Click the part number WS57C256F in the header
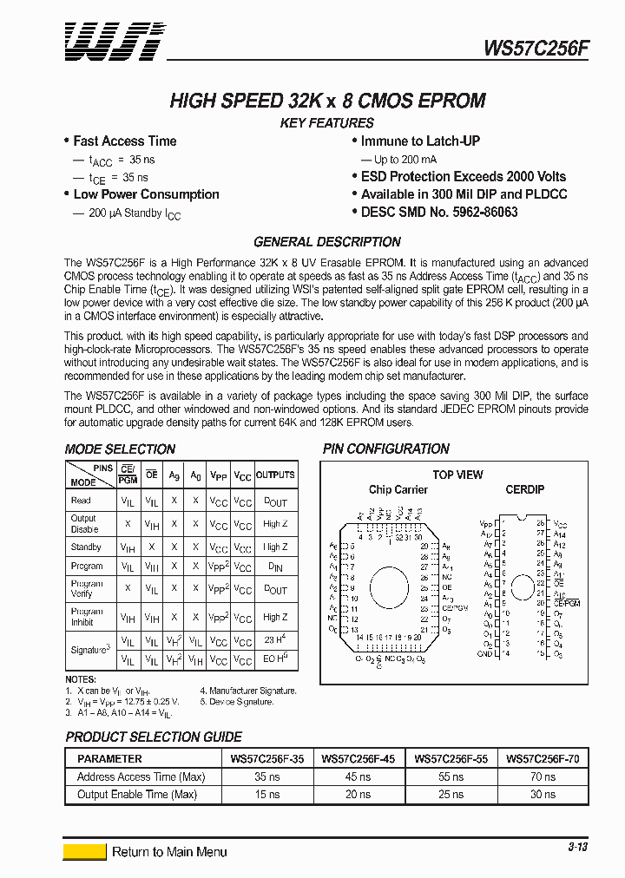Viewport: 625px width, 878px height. coord(536,49)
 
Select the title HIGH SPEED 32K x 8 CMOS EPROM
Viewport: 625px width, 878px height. coord(327,101)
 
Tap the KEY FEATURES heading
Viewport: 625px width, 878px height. coord(326,123)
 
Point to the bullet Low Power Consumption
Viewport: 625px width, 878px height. coord(146,194)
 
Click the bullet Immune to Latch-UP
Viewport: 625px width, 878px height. coord(420,141)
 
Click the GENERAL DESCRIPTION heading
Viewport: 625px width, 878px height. coord(326,242)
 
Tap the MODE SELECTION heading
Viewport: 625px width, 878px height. coord(120,449)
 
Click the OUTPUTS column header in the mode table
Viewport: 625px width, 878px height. coord(275,475)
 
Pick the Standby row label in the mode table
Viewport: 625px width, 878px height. coord(86,547)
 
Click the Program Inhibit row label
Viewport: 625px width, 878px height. coord(87,617)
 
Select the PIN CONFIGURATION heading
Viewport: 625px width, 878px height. coord(385,449)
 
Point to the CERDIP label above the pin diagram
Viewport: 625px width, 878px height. coord(524,489)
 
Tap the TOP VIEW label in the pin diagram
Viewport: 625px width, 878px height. coord(457,475)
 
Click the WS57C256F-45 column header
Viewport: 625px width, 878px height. coord(358,758)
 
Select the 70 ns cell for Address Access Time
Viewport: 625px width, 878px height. coord(543,776)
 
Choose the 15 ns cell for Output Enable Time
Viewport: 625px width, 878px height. coord(266,794)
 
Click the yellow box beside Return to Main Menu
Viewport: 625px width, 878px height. coord(85,852)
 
